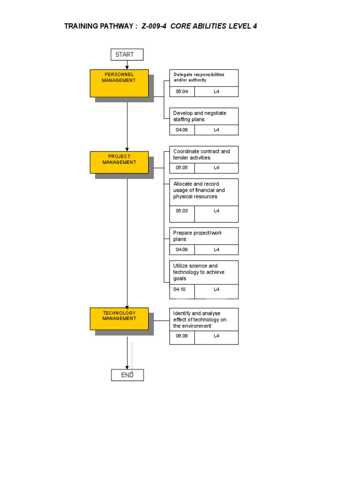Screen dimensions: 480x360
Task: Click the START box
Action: (127, 55)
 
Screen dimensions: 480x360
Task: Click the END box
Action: (127, 375)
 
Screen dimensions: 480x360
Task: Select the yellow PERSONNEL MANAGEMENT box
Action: (119, 83)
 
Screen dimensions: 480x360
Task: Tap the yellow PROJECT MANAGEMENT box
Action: (119, 162)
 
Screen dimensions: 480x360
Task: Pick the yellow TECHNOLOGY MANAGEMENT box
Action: (119, 318)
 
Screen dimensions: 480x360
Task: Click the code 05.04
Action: (182, 91)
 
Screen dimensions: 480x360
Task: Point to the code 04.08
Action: (182, 130)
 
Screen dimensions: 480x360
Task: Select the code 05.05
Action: (182, 168)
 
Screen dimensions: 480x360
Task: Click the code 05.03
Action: (182, 211)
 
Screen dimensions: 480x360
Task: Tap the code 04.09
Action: (182, 249)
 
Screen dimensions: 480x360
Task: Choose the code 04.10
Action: (180, 289)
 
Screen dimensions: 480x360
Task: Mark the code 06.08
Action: (182, 336)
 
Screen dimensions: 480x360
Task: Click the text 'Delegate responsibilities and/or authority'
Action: (199, 77)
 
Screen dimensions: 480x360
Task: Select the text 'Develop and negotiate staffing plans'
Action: (199, 116)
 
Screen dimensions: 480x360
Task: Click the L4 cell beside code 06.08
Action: (216, 336)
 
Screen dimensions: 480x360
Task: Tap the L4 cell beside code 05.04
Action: (216, 91)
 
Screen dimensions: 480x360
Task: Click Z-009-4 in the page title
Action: (154, 26)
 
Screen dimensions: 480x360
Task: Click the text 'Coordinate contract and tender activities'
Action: (201, 155)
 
